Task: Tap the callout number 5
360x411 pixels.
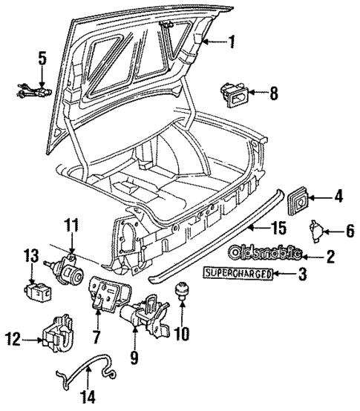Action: [x=42, y=57]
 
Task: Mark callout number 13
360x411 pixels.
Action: [x=30, y=255]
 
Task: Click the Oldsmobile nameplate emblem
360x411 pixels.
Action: [x=265, y=253]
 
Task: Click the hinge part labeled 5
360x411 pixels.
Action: [x=30, y=91]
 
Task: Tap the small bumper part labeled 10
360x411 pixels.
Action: [x=180, y=292]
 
